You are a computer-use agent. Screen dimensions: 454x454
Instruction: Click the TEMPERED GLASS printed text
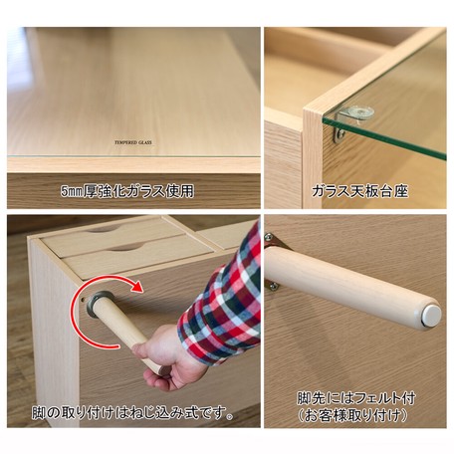point(133,142)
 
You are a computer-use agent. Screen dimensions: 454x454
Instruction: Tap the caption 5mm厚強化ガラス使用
point(127,191)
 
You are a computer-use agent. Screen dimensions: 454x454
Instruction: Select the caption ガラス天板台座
point(359,191)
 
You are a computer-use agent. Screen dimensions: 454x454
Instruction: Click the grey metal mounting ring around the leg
point(100,304)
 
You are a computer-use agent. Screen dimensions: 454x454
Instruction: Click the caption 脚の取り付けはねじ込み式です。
point(132,413)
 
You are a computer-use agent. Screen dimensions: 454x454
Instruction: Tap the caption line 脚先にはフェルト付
point(356,398)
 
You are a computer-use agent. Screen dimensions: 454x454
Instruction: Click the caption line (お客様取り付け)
point(353,415)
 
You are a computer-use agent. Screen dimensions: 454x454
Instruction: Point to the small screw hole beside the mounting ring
point(82,299)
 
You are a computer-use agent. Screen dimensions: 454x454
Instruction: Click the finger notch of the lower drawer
point(127,247)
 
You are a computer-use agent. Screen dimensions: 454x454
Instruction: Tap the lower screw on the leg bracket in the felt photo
point(274,285)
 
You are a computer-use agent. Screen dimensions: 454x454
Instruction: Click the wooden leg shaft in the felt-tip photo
point(345,283)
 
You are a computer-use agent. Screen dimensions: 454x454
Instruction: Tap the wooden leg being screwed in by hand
point(124,332)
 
